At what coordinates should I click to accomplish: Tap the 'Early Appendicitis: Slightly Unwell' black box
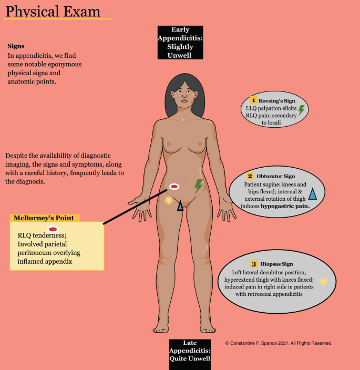click(x=180, y=42)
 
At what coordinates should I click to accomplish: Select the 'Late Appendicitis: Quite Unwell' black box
click(x=190, y=351)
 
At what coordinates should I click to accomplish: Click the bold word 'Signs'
click(x=16, y=46)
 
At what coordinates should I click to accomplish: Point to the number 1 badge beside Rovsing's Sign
click(x=253, y=100)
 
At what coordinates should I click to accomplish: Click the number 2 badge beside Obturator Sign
click(x=250, y=176)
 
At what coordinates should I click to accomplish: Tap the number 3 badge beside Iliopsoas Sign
click(x=254, y=264)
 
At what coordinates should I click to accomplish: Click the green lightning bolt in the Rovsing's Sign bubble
click(x=302, y=110)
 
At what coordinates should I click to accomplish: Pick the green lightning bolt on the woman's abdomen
click(x=199, y=186)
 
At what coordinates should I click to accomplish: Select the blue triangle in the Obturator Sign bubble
click(x=312, y=194)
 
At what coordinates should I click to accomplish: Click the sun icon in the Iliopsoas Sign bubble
click(x=323, y=281)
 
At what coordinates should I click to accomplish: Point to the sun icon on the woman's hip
click(x=168, y=200)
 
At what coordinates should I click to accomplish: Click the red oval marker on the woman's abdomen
click(x=174, y=186)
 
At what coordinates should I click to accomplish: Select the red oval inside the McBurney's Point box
click(x=53, y=229)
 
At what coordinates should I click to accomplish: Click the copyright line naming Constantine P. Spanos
click(x=279, y=343)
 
